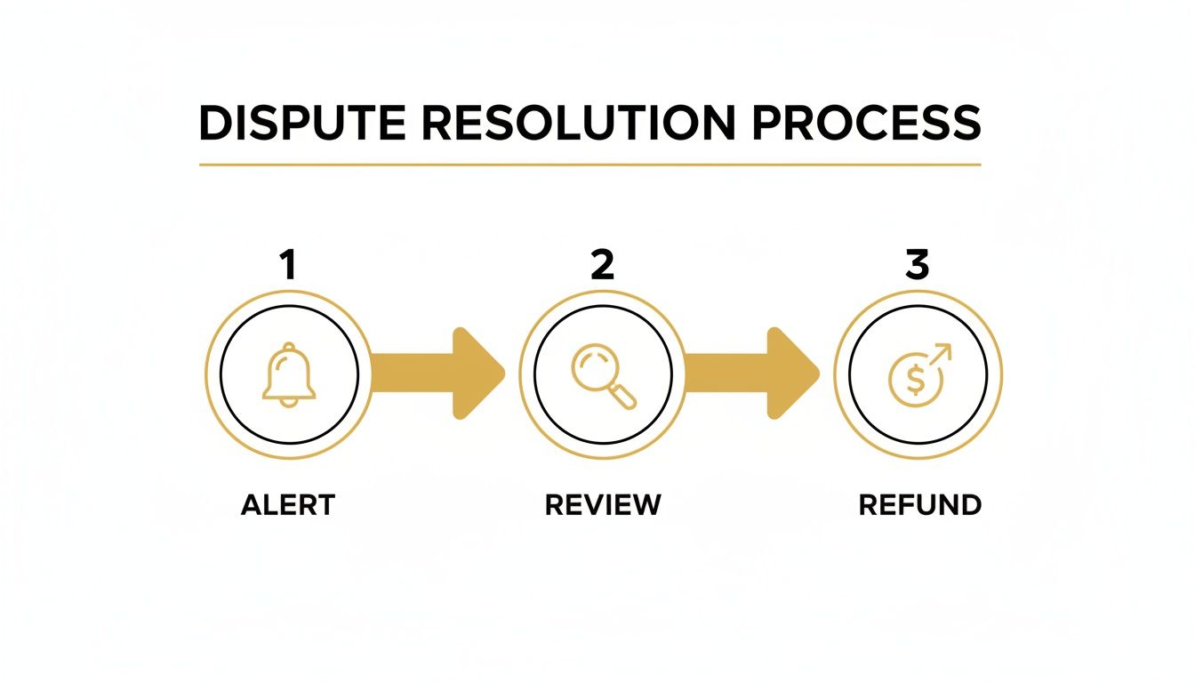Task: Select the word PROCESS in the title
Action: click(863, 123)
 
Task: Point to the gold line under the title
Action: click(589, 165)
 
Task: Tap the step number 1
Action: click(287, 266)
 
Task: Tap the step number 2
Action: click(602, 266)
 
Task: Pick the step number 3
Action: click(917, 266)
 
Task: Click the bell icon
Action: click(288, 374)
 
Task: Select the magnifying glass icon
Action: click(603, 375)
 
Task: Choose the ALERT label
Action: click(287, 505)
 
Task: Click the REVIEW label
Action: click(602, 505)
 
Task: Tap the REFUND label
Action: click(919, 505)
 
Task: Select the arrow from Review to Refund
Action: click(752, 373)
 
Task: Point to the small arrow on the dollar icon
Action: click(939, 356)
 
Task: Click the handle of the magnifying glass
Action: click(625, 398)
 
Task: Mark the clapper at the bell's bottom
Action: click(288, 402)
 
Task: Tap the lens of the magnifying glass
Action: click(592, 366)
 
